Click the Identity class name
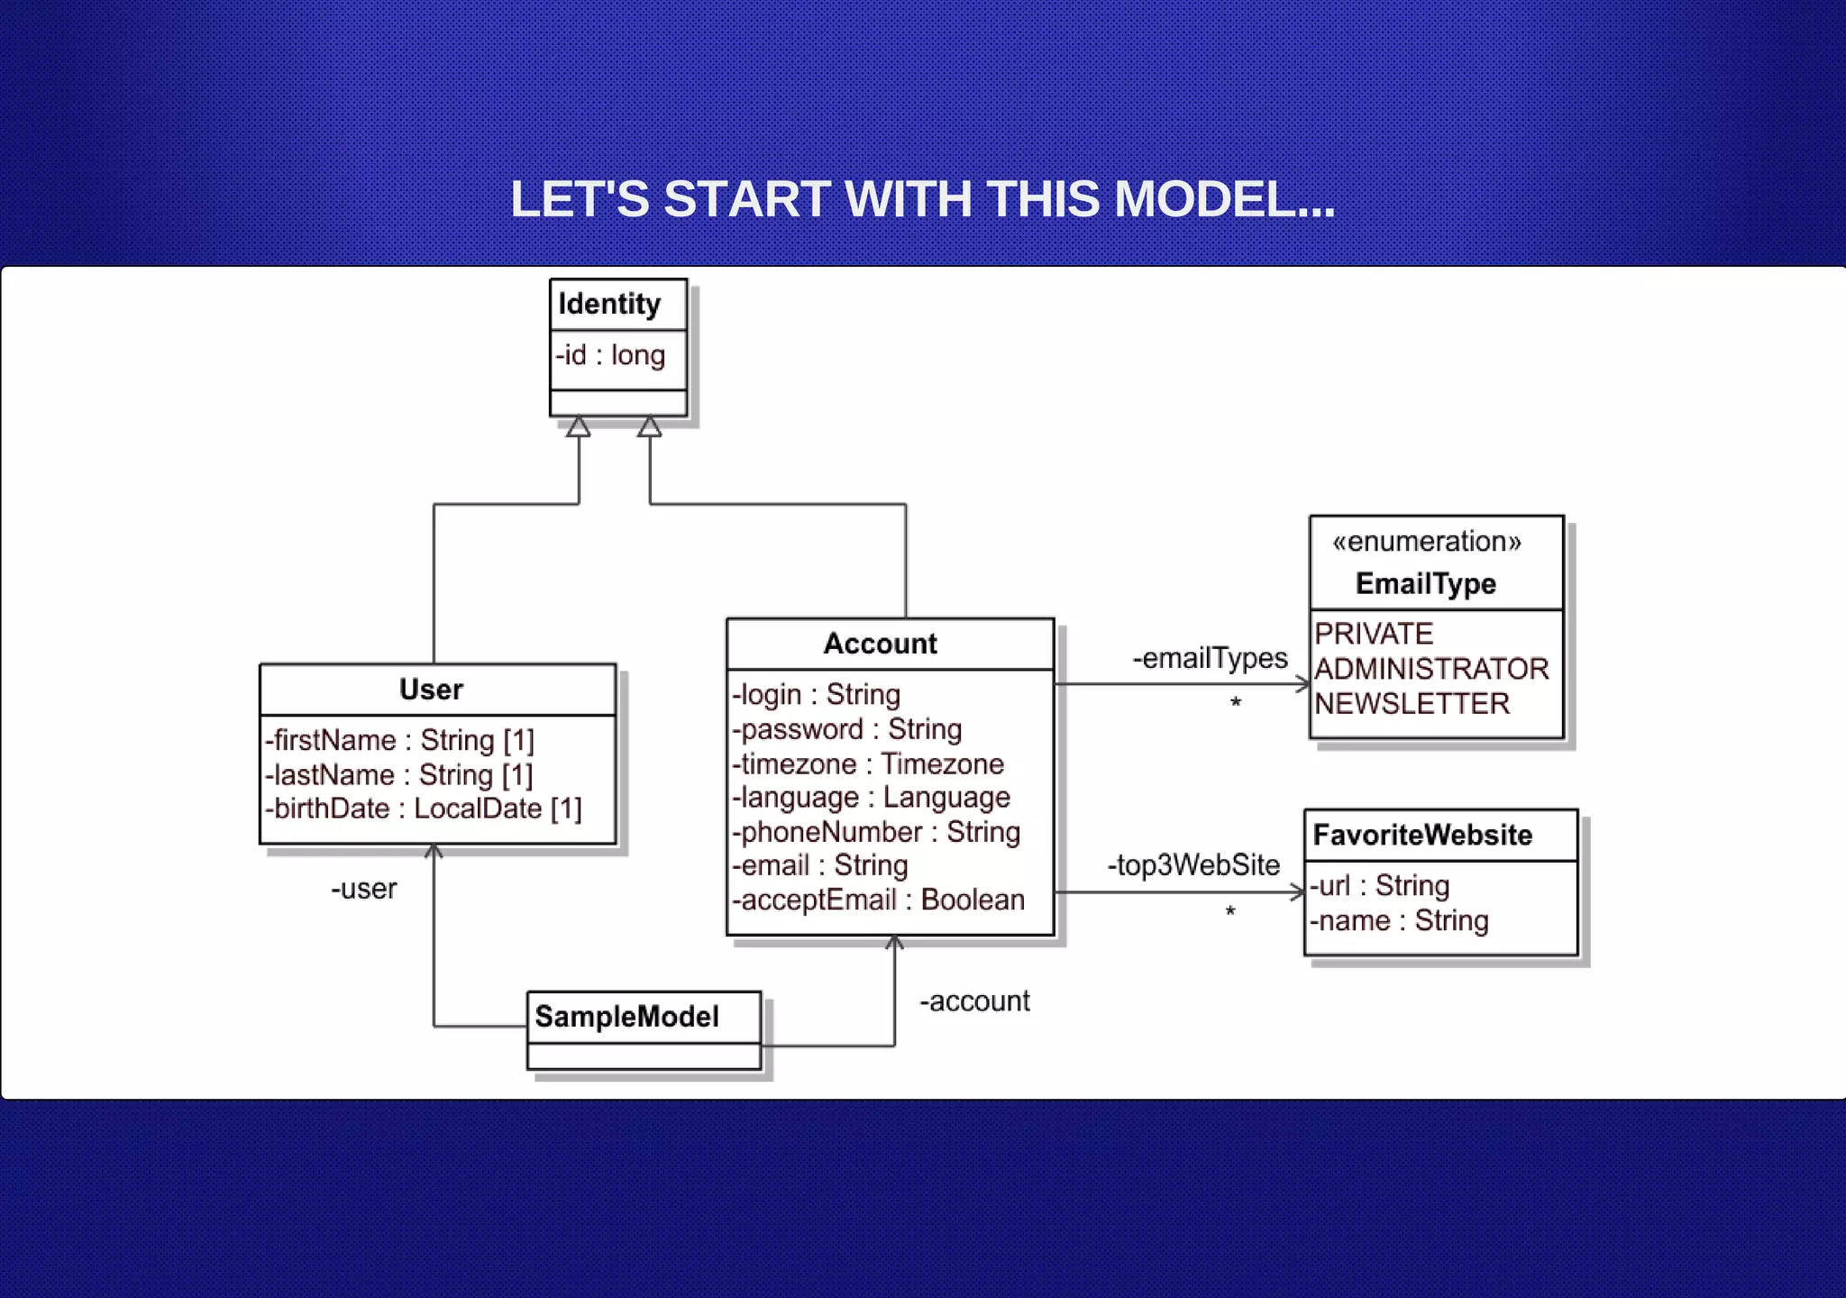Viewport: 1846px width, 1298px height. [609, 305]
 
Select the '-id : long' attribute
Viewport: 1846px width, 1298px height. [610, 355]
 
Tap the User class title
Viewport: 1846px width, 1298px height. [431, 690]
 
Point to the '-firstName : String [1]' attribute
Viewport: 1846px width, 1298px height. [399, 741]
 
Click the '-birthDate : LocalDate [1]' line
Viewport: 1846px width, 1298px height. [423, 809]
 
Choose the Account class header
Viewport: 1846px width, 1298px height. [880, 644]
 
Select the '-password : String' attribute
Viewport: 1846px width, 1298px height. [846, 729]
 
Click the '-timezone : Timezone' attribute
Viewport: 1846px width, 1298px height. [867, 764]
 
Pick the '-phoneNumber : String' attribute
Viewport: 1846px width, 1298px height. [875, 832]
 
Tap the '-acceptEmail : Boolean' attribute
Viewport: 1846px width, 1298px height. [878, 900]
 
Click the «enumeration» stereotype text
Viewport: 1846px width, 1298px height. [1426, 542]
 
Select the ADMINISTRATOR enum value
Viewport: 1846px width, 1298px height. [1431, 669]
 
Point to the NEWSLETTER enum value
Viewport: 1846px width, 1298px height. [1412, 704]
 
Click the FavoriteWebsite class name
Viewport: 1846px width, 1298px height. [1422, 836]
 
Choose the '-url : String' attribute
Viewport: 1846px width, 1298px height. [1379, 886]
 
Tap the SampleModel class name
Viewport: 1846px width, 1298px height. [626, 1017]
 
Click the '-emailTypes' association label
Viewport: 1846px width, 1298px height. [1210, 659]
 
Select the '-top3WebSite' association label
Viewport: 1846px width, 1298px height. [1193, 865]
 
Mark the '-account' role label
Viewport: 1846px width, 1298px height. [974, 1001]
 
